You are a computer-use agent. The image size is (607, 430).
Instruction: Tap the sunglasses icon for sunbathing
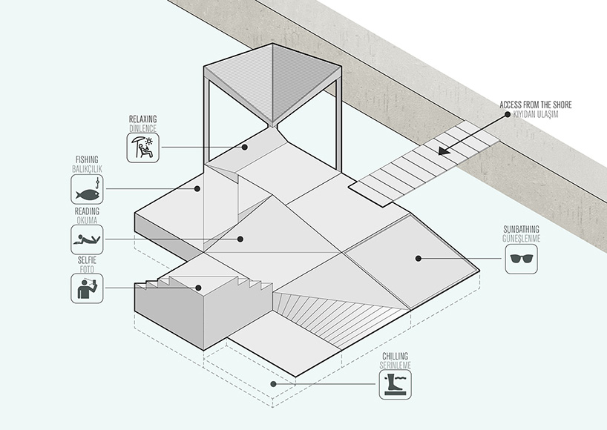[x=521, y=259]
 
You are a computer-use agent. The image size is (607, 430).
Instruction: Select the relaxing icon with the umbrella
[x=143, y=149]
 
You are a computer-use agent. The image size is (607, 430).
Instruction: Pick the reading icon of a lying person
[x=87, y=239]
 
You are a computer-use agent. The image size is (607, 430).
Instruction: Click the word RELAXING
[x=142, y=119]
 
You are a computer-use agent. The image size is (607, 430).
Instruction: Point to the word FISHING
[x=87, y=159]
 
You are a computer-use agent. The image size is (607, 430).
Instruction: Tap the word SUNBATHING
[x=520, y=230]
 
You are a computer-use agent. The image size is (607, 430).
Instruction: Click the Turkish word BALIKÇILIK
[x=86, y=169]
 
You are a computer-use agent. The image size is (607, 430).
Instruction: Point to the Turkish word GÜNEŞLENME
[x=520, y=239]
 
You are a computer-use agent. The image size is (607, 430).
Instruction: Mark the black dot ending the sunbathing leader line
[x=419, y=259]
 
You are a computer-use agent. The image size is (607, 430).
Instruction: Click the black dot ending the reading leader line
[x=240, y=239]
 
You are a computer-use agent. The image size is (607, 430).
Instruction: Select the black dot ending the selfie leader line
[x=198, y=288]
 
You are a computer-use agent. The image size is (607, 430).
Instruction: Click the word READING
[x=87, y=211]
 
